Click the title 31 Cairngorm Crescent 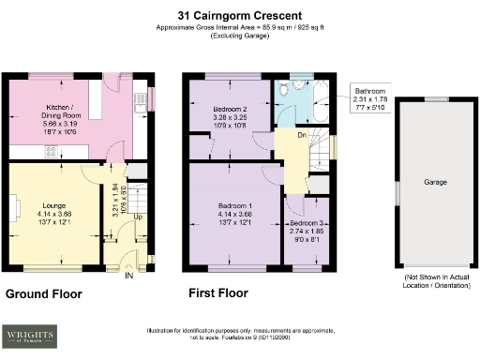[239, 15]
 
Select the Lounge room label [52, 203]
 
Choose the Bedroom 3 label [307, 223]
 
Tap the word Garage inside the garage [435, 182]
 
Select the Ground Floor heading [44, 294]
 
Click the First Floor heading [218, 293]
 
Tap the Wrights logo [29, 335]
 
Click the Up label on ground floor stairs [139, 217]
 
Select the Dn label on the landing [302, 135]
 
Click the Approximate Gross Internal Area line [239, 28]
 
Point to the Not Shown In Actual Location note [435, 283]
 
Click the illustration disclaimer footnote [239, 335]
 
